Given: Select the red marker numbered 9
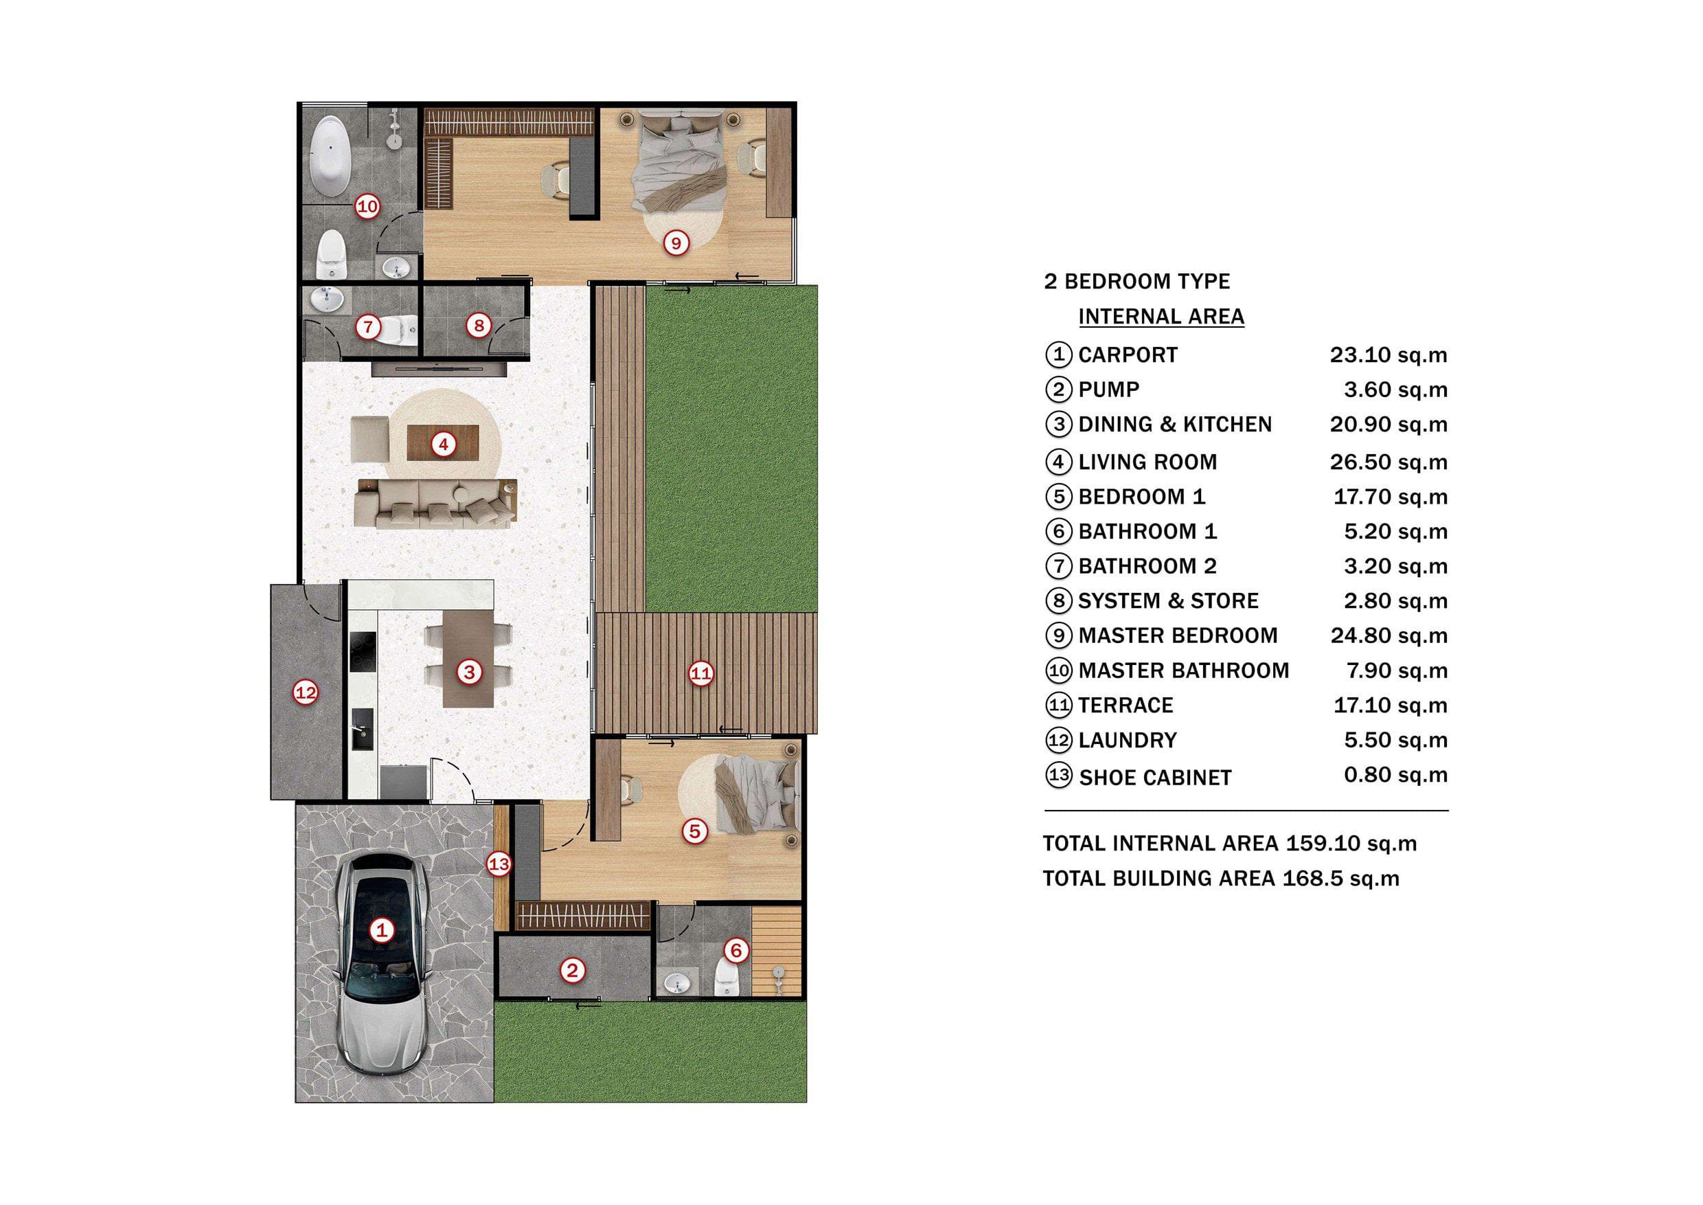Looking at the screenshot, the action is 676,243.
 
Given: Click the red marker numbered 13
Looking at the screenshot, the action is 499,864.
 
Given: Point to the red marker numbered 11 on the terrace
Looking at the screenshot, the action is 701,674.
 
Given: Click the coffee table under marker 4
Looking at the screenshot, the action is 443,442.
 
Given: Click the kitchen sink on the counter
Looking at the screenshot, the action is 362,729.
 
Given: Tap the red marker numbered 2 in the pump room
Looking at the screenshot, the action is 572,971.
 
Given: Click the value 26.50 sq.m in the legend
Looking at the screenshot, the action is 1388,462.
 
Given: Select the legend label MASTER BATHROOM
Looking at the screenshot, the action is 1184,671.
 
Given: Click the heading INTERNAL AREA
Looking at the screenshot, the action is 1161,317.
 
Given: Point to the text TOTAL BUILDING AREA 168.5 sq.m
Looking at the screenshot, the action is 1221,879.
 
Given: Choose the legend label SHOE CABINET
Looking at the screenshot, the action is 1156,778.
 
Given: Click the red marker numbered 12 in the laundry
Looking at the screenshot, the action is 306,693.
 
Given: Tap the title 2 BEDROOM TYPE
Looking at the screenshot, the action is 1137,281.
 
